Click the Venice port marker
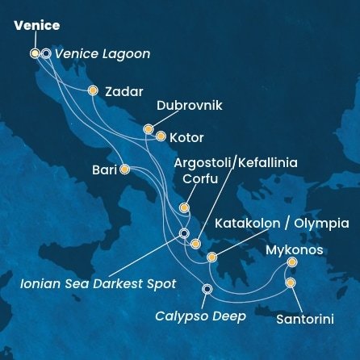[x=35, y=54]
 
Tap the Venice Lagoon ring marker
[x=46, y=54]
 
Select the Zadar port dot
[x=94, y=90]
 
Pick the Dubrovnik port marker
[x=149, y=129]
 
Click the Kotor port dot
[x=161, y=136]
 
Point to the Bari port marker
[x=124, y=170]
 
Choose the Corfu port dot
[x=185, y=208]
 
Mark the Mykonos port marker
[x=291, y=262]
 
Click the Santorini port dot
[x=291, y=283]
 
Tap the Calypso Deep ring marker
[x=207, y=289]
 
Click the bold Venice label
[x=36, y=26]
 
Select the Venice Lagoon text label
[x=103, y=54]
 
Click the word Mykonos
[x=295, y=250]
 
